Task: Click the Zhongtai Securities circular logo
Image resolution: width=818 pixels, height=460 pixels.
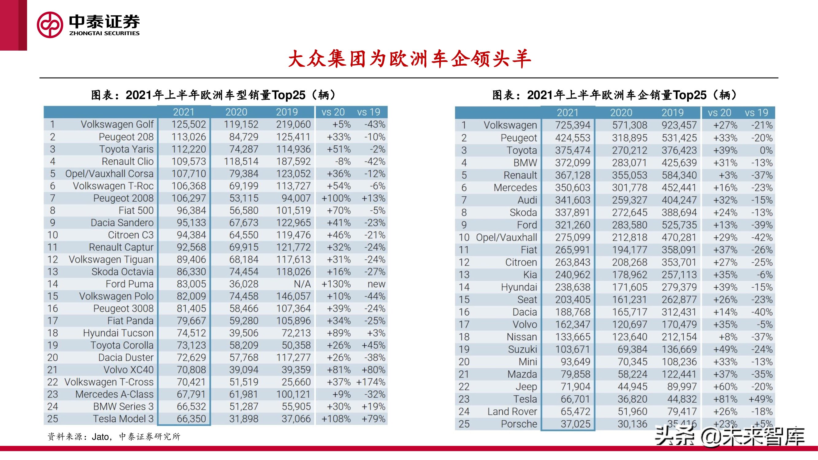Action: pyautogui.click(x=50, y=25)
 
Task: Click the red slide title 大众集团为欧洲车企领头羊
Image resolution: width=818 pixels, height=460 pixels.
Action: pyautogui.click(x=409, y=59)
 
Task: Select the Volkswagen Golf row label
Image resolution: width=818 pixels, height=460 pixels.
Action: pyautogui.click(x=117, y=125)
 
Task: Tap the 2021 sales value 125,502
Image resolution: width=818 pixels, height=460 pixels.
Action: pyautogui.click(x=189, y=125)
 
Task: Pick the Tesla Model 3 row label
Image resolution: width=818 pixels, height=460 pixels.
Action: pyautogui.click(x=123, y=419)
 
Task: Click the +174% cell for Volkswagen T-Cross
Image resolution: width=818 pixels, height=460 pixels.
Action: pyautogui.click(x=371, y=382)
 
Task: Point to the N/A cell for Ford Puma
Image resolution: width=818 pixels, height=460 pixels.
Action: pyautogui.click(x=302, y=284)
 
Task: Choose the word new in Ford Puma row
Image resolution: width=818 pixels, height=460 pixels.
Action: pyautogui.click(x=376, y=284)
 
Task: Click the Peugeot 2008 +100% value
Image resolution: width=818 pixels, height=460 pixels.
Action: pyautogui.click(x=336, y=198)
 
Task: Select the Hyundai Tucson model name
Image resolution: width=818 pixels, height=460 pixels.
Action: pyautogui.click(x=118, y=333)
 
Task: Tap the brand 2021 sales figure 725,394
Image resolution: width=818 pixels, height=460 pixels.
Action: pyautogui.click(x=573, y=125)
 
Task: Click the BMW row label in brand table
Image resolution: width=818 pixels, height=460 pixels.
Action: pyautogui.click(x=525, y=163)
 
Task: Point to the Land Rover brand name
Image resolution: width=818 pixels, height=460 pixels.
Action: pyautogui.click(x=512, y=412)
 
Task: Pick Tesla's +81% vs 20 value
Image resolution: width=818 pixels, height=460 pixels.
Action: pyautogui.click(x=725, y=399)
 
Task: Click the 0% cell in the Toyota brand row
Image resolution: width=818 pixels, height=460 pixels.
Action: pyautogui.click(x=766, y=151)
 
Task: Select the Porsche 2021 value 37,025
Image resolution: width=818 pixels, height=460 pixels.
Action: pyautogui.click(x=575, y=424)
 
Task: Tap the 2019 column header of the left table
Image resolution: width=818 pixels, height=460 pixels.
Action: pyautogui.click(x=287, y=112)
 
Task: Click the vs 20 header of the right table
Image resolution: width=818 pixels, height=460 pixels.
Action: pyautogui.click(x=719, y=113)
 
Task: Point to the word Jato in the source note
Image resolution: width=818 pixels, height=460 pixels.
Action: pyautogui.click(x=100, y=437)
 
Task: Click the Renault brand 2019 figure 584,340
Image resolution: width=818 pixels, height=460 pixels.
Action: pyautogui.click(x=679, y=175)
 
